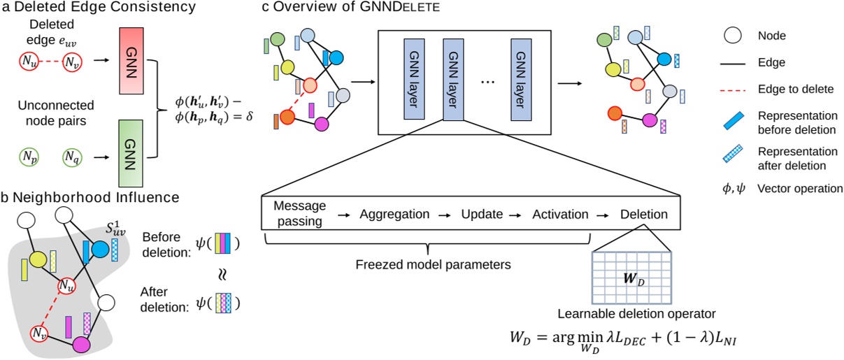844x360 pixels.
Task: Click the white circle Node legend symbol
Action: tap(734, 33)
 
